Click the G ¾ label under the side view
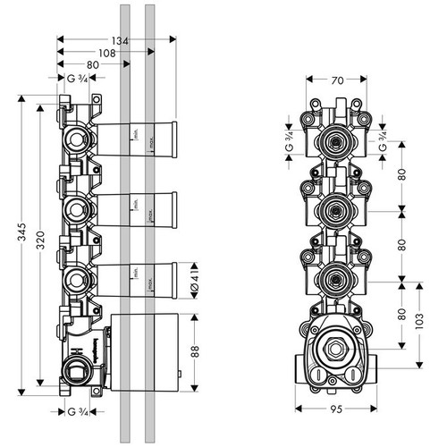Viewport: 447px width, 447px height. (x=80, y=411)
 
